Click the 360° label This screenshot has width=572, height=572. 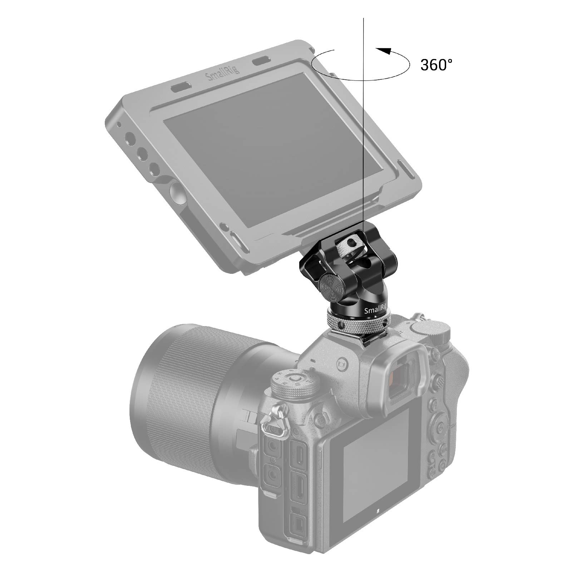tap(436, 65)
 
